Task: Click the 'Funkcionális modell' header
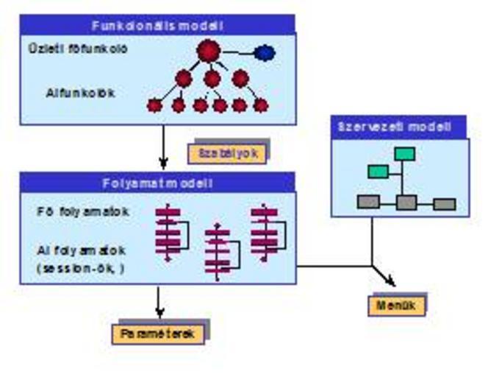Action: pos(157,25)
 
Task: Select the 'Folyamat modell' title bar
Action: pos(157,182)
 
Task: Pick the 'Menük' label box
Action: pos(396,305)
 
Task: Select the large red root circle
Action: pos(209,51)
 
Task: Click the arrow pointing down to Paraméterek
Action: pos(159,300)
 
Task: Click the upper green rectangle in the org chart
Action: pos(404,153)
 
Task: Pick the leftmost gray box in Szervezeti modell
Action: pos(367,201)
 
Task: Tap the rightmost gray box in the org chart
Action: pos(444,204)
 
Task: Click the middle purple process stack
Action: pos(218,252)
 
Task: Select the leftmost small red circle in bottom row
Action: pos(154,105)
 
